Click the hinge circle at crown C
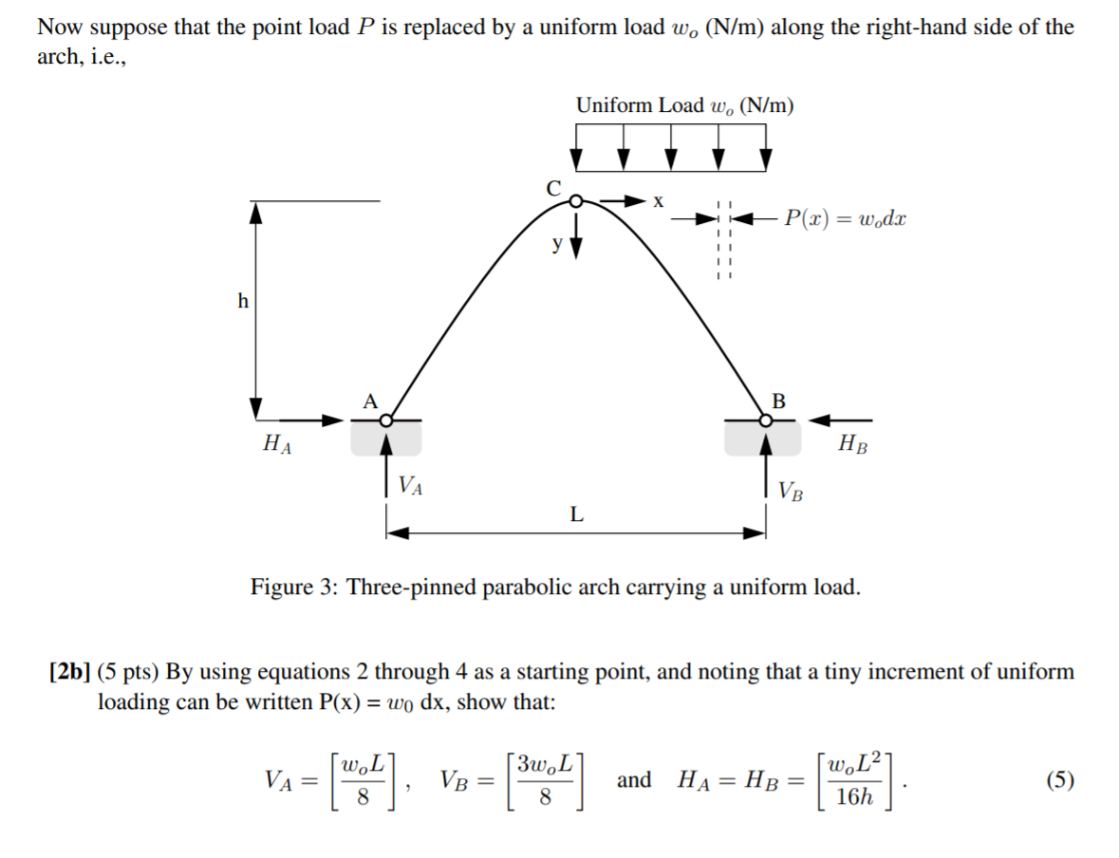click(574, 200)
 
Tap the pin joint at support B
click(765, 419)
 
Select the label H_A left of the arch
click(276, 442)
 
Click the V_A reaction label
click(411, 486)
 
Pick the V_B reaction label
click(791, 491)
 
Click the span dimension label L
click(576, 515)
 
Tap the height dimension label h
click(243, 302)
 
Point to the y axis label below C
click(558, 243)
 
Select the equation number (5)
click(1059, 780)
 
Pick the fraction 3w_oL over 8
click(546, 780)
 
